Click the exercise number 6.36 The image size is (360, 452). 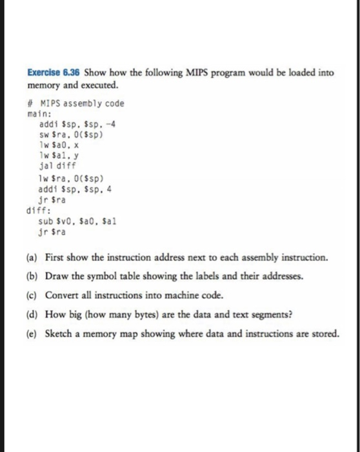pos(72,73)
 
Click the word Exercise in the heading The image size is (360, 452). pos(46,73)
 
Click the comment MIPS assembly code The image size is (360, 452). pos(80,103)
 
